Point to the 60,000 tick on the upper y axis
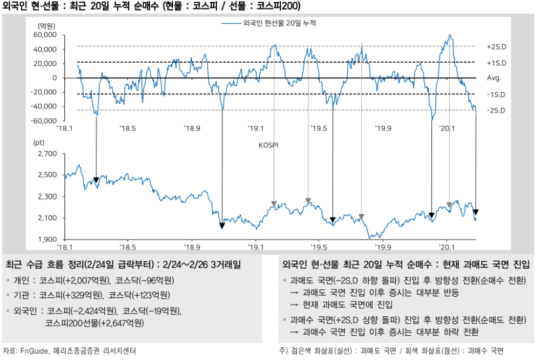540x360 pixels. (x=45, y=35)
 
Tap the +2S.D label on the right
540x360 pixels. (x=496, y=47)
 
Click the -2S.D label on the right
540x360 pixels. (x=496, y=110)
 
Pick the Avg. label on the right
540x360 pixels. (x=494, y=78)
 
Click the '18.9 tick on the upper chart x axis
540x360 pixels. (x=192, y=128)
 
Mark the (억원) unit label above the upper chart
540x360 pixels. (x=47, y=26)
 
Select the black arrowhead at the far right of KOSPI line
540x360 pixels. (x=476, y=212)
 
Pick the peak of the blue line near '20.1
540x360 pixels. (x=450, y=35)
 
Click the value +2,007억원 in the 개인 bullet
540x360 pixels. (x=86, y=281)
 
